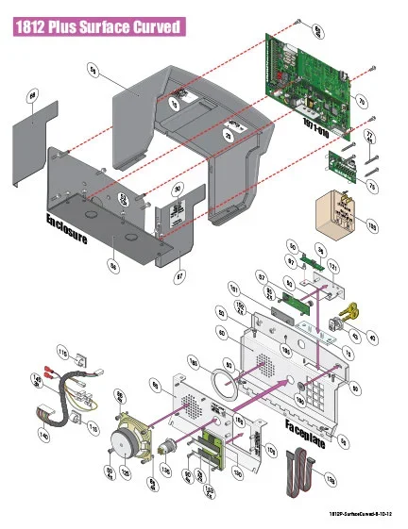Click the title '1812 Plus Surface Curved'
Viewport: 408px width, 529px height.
point(98,27)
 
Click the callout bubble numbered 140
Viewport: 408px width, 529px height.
point(43,437)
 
